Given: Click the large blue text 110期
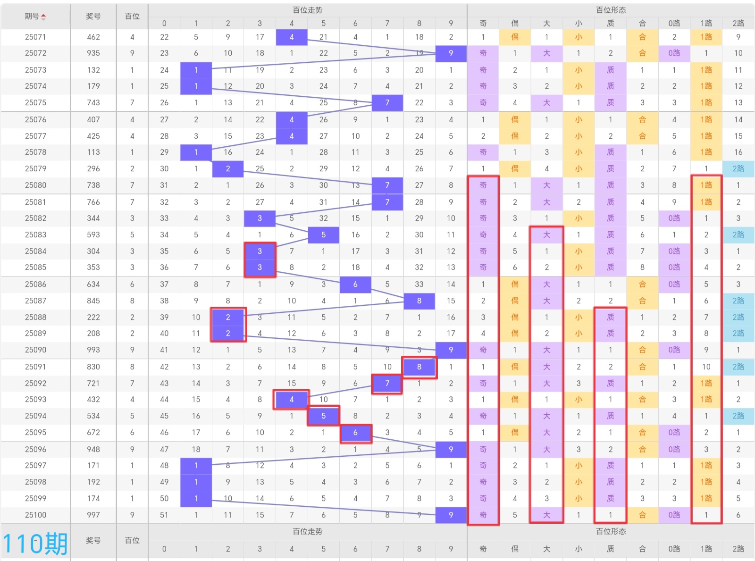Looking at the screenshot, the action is coord(35,544).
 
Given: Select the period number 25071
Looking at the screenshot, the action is coord(35,37).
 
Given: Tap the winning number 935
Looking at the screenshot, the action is coord(93,53).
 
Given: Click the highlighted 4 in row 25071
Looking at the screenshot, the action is coord(292,37).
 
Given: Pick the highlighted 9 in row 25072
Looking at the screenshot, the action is coord(451,53).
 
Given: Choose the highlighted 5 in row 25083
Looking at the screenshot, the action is coord(323,234).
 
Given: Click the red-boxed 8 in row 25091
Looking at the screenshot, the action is coord(419,367).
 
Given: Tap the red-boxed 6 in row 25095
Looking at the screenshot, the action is coord(355,432).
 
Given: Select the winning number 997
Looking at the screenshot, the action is coord(93,515).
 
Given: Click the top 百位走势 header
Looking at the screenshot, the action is coord(307,10).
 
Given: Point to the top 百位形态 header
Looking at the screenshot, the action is coord(611,10).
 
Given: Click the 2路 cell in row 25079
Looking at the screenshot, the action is coord(738,168).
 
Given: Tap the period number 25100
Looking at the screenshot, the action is coord(35,515).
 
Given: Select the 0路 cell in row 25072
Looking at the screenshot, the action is coord(674,53).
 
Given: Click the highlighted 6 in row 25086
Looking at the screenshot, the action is coord(355,284).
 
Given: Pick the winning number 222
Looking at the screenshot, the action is coord(93,317).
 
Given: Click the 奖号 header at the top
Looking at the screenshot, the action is coord(93,16).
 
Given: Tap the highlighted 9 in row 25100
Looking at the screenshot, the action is coord(451,515).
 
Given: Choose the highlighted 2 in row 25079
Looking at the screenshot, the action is coord(228,168).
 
